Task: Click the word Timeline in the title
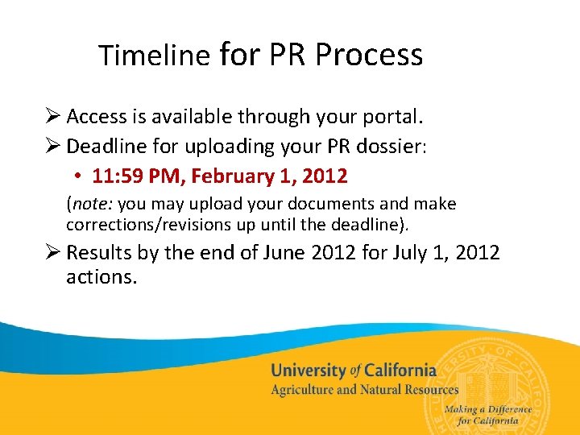point(154,56)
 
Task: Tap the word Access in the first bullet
point(97,117)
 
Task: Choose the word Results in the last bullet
point(101,253)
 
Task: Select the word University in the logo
point(309,371)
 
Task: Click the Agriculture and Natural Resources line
point(364,390)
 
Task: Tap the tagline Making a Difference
point(487,409)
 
